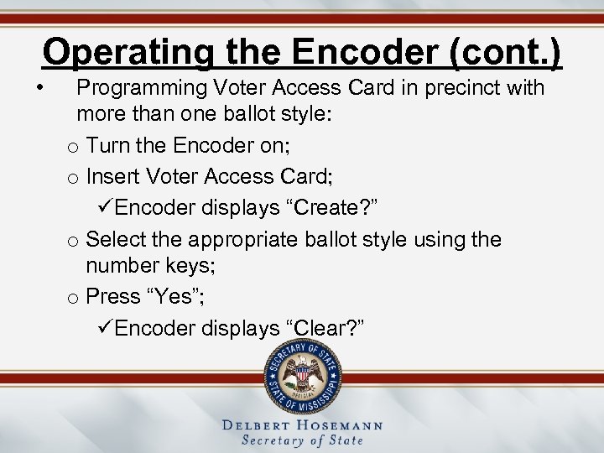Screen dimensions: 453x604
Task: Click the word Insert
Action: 112,176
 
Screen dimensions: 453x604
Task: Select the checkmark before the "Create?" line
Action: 106,207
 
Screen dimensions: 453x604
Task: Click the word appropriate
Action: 241,239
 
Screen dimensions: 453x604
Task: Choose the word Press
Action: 114,296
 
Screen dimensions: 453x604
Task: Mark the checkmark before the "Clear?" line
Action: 106,328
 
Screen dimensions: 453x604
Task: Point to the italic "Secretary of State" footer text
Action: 302,440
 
